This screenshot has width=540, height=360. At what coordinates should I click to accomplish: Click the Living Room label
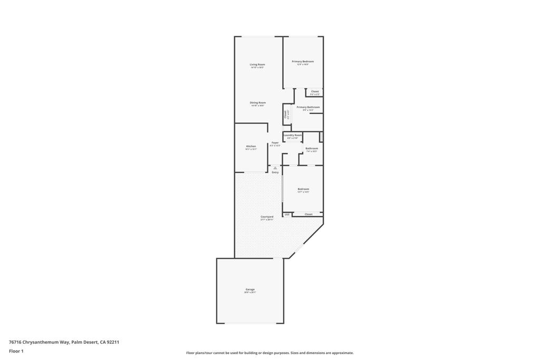257,64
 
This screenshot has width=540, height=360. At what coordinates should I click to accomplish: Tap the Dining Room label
257,102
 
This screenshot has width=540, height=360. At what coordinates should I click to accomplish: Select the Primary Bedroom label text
303,61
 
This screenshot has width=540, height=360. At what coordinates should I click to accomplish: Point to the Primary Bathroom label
308,107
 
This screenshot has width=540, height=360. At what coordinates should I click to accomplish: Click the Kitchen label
251,146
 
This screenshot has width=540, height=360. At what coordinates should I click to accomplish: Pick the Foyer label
275,142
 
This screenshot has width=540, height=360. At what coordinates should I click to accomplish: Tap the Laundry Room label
293,135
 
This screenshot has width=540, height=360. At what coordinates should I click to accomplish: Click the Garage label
250,289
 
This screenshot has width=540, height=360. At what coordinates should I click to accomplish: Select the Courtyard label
267,217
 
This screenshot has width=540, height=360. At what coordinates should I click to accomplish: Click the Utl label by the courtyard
287,215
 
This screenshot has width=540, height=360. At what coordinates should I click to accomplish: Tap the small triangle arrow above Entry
275,168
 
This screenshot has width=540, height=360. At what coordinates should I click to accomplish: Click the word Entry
275,172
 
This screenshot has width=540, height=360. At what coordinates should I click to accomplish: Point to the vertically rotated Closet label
285,114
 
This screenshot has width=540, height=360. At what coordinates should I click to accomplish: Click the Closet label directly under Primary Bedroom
315,91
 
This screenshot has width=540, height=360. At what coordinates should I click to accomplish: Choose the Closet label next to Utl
308,214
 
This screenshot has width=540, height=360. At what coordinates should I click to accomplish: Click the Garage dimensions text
250,293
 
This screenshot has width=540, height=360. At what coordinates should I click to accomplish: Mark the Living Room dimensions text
257,68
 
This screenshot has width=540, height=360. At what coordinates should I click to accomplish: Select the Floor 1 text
16,351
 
